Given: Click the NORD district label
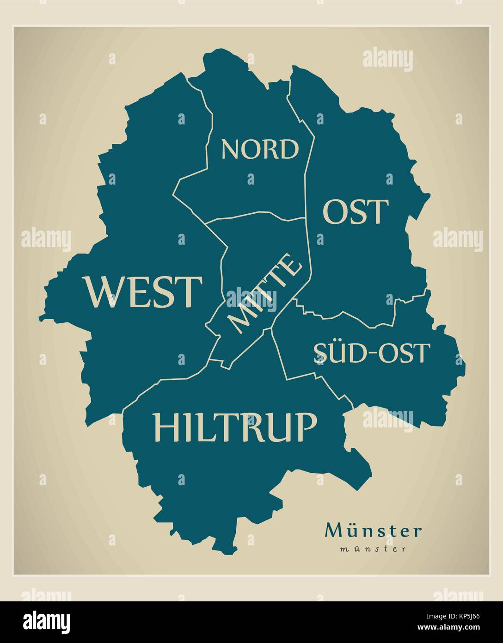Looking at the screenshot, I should click(x=260, y=149).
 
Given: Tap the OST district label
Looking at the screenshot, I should click(x=355, y=212).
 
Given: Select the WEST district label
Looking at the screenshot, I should click(x=143, y=292).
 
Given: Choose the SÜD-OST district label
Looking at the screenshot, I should click(x=372, y=353).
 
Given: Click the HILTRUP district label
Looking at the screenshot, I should click(x=235, y=427).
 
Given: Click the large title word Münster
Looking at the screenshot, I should click(x=373, y=531).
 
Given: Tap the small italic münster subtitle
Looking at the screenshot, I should click(x=373, y=549).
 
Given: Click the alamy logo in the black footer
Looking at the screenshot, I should click(x=47, y=621).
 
